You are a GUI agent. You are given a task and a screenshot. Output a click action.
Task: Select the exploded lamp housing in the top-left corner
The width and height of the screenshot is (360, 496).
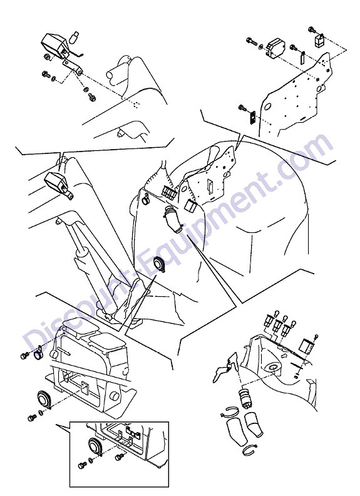54,46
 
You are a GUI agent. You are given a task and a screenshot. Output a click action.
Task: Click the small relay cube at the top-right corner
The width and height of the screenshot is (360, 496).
319,40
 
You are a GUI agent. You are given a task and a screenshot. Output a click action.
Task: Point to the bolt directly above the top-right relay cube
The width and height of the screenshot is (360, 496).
312,30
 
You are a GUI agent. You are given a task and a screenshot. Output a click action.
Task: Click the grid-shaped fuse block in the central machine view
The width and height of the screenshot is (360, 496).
168,192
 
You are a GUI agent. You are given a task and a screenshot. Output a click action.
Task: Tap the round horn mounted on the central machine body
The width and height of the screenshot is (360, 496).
158,264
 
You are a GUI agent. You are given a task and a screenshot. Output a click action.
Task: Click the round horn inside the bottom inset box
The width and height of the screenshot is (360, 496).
94,447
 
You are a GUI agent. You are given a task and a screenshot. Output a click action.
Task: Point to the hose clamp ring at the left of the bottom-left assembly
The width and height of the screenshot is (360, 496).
39,354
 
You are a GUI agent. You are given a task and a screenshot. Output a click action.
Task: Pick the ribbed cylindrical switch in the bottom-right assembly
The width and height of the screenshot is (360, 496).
244,396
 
